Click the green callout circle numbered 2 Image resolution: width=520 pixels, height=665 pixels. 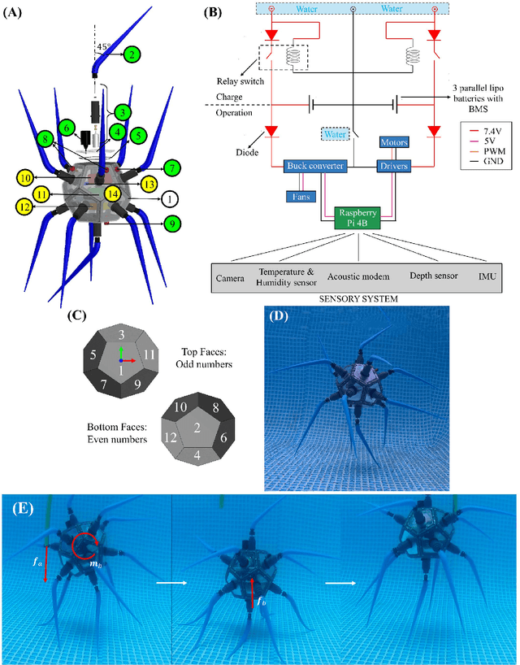click(131, 54)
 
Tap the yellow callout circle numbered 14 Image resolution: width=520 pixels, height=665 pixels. click(112, 194)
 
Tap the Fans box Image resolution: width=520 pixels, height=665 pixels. click(300, 195)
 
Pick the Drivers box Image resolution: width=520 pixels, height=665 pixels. click(392, 166)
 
